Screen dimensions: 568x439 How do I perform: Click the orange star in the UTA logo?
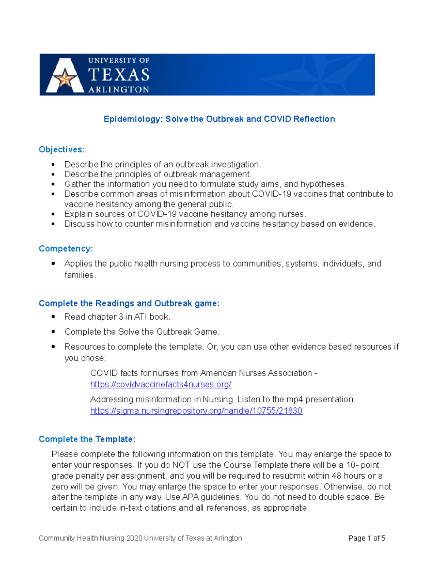point(65,78)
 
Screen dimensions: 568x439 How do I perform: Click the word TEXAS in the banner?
point(119,75)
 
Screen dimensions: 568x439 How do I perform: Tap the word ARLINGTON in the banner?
point(119,90)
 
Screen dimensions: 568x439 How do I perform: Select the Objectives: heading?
point(61,150)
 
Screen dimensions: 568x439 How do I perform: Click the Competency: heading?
point(66,249)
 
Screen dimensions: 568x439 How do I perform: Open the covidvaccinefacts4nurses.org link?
point(161,384)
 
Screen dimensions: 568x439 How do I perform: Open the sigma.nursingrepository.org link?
point(196,411)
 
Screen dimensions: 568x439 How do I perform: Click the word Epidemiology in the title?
point(133,119)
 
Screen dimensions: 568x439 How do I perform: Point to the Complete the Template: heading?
point(87,439)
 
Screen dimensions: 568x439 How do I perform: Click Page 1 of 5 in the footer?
point(367,538)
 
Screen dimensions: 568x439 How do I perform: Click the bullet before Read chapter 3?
point(53,316)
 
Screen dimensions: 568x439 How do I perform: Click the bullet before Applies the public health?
point(53,263)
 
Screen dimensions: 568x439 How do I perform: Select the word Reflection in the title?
point(314,119)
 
